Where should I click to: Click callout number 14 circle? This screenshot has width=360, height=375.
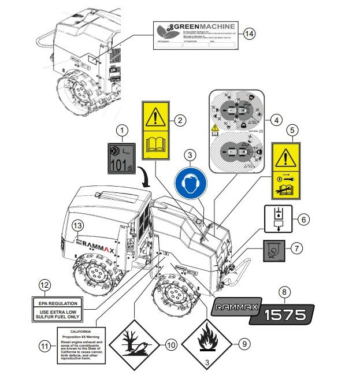[249, 33]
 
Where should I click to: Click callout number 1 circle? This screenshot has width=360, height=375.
[121, 131]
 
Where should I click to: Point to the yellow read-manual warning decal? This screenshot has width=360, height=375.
[157, 131]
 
